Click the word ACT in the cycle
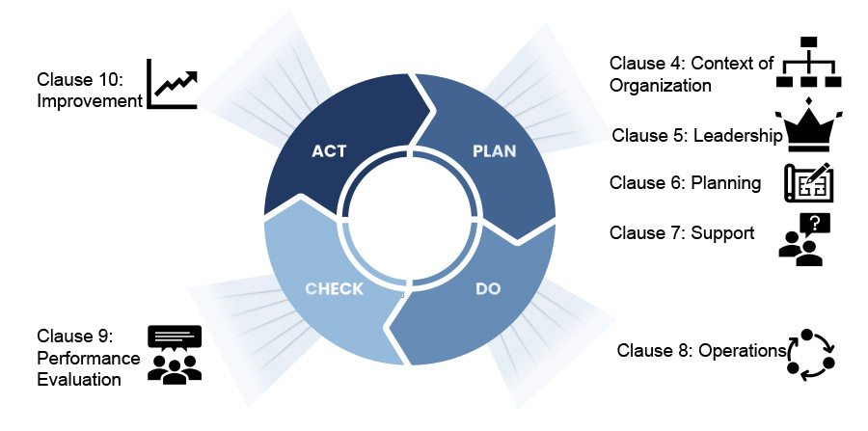(x=329, y=151)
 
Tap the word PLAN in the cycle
(x=494, y=150)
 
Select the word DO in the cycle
(x=488, y=288)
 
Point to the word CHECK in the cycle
(x=334, y=288)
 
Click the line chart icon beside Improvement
(x=172, y=84)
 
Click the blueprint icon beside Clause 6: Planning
(x=808, y=183)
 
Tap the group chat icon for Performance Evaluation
(x=175, y=354)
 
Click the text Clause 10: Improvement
(x=89, y=90)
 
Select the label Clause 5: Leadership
(x=696, y=136)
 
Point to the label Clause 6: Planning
(x=685, y=183)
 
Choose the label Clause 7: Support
(x=682, y=232)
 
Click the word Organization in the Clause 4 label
(x=660, y=86)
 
